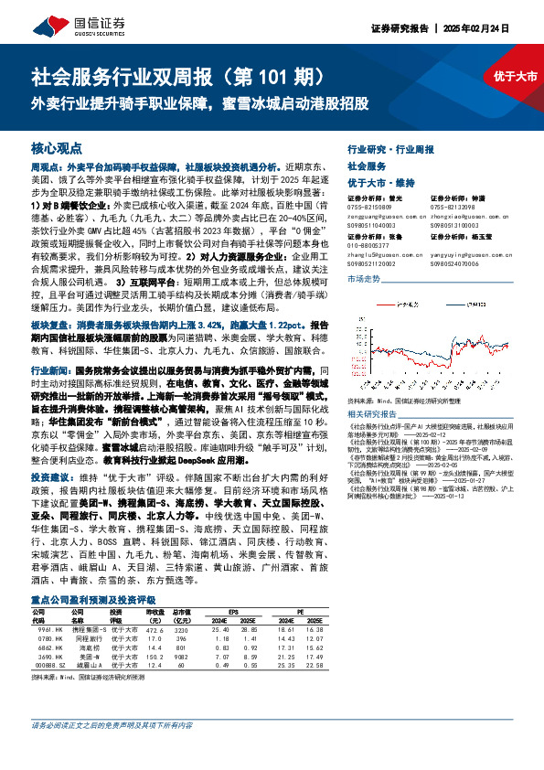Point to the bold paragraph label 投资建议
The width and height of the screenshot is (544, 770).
click(x=52, y=477)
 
